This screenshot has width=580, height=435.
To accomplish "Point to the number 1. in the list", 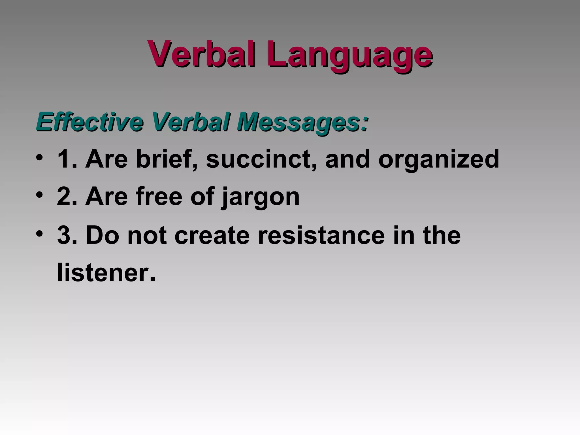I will (x=67, y=159).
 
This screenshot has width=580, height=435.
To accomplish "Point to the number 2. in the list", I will (x=67, y=197).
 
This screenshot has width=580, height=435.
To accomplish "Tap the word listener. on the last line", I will (x=106, y=273).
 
